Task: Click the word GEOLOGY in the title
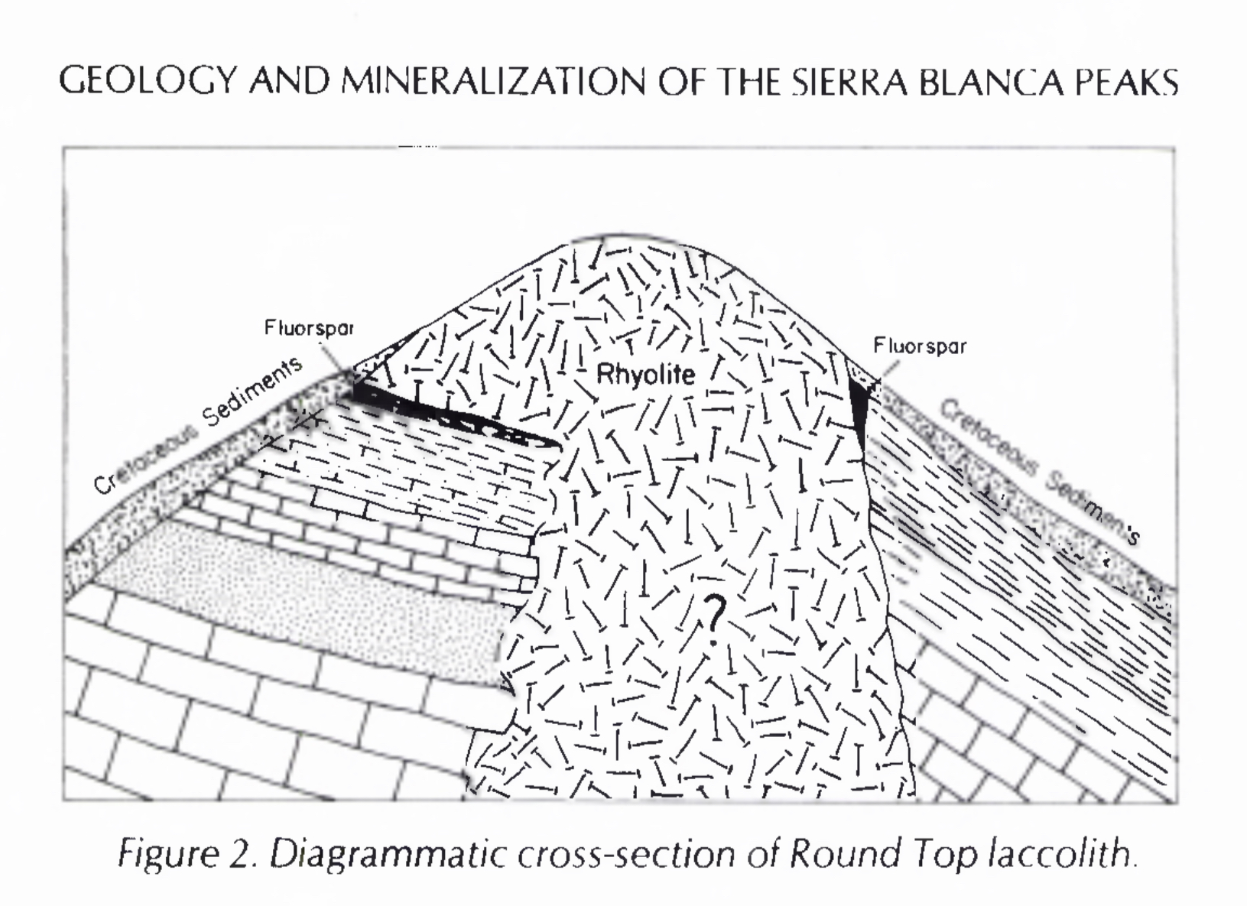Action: point(148,82)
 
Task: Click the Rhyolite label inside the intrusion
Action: point(646,374)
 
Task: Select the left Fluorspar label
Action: point(309,328)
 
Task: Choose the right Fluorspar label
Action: point(920,346)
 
